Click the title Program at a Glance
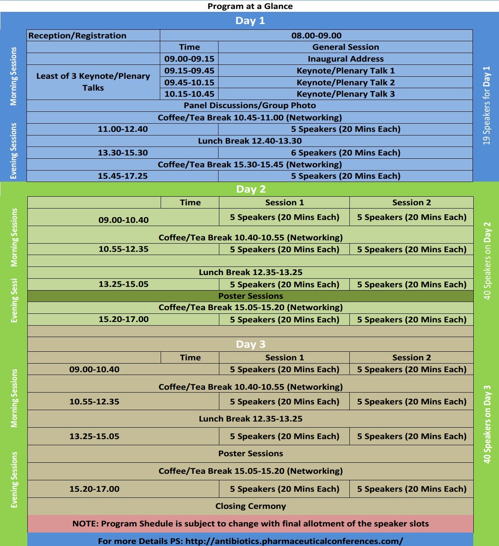click(250, 6)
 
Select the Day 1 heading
click(250, 21)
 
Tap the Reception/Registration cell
click(77, 36)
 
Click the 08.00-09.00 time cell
click(316, 36)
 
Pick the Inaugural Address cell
click(345, 59)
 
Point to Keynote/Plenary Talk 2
click(345, 82)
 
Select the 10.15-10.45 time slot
click(189, 94)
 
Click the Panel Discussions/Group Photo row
click(249, 105)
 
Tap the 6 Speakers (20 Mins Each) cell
click(345, 153)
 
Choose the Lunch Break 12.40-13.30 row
click(249, 141)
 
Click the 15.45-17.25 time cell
click(123, 176)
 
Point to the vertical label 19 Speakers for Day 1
click(486, 105)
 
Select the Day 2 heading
click(251, 189)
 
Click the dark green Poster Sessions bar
click(250, 296)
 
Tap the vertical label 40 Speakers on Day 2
click(487, 261)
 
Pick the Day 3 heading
click(250, 344)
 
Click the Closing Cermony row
click(250, 506)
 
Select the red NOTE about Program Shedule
click(250, 524)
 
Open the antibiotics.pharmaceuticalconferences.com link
click(294, 541)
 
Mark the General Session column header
click(345, 47)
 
